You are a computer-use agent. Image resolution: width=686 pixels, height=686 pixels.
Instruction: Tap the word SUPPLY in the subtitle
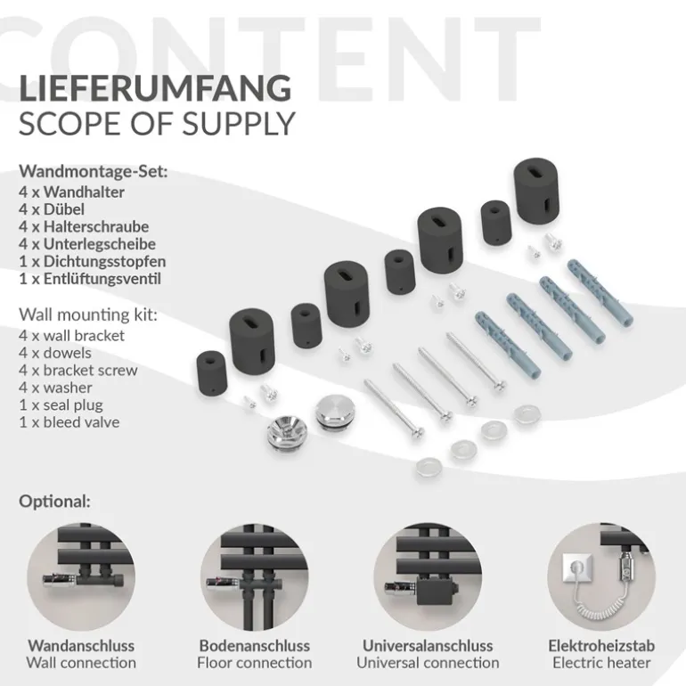point(239,124)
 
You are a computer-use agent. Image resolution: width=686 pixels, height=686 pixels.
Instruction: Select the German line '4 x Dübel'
point(52,209)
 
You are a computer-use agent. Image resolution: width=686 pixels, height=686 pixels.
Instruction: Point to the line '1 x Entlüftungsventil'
point(90,279)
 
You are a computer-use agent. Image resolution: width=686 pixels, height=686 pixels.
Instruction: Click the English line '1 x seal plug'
point(61,405)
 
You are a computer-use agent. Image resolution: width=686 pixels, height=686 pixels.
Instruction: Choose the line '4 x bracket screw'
point(78,370)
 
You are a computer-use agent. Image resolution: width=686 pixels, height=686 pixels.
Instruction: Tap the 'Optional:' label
point(54,502)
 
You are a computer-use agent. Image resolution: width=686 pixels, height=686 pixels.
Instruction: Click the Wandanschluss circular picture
point(81,576)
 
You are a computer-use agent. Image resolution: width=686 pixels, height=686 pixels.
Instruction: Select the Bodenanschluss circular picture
point(254,576)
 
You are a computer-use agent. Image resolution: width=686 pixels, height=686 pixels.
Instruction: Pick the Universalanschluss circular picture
point(428,576)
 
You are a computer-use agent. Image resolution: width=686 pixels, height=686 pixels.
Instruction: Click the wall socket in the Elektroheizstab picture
point(577,568)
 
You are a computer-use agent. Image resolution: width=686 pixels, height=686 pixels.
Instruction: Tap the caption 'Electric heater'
point(601,663)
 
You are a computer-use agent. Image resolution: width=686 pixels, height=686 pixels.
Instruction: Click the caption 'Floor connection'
point(254,663)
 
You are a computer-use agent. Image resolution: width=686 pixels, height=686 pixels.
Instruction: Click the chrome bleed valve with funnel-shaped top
point(287,432)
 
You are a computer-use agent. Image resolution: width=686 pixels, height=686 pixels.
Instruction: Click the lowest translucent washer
point(429,467)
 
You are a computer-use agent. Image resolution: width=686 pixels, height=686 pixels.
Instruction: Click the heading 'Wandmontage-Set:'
point(94,171)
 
